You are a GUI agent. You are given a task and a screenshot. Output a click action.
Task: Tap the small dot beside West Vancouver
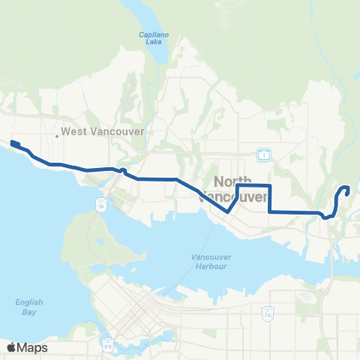click(x=57, y=136)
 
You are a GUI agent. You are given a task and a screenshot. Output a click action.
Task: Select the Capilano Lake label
click(x=151, y=38)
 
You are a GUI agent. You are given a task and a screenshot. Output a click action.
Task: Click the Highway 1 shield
click(x=263, y=155)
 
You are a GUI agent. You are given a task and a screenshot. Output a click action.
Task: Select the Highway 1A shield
click(x=101, y=203)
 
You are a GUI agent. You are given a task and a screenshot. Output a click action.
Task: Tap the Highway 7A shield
click(x=268, y=313)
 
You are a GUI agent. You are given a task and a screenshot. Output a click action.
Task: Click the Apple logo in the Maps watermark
click(x=11, y=347)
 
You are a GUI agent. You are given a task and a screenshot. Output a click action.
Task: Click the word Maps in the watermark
click(x=32, y=347)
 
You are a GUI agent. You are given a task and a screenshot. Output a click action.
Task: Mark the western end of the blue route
click(x=13, y=141)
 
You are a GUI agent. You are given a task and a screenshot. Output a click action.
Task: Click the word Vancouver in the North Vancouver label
click(x=241, y=197)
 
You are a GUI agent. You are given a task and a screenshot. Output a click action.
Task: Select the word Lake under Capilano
click(x=151, y=43)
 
